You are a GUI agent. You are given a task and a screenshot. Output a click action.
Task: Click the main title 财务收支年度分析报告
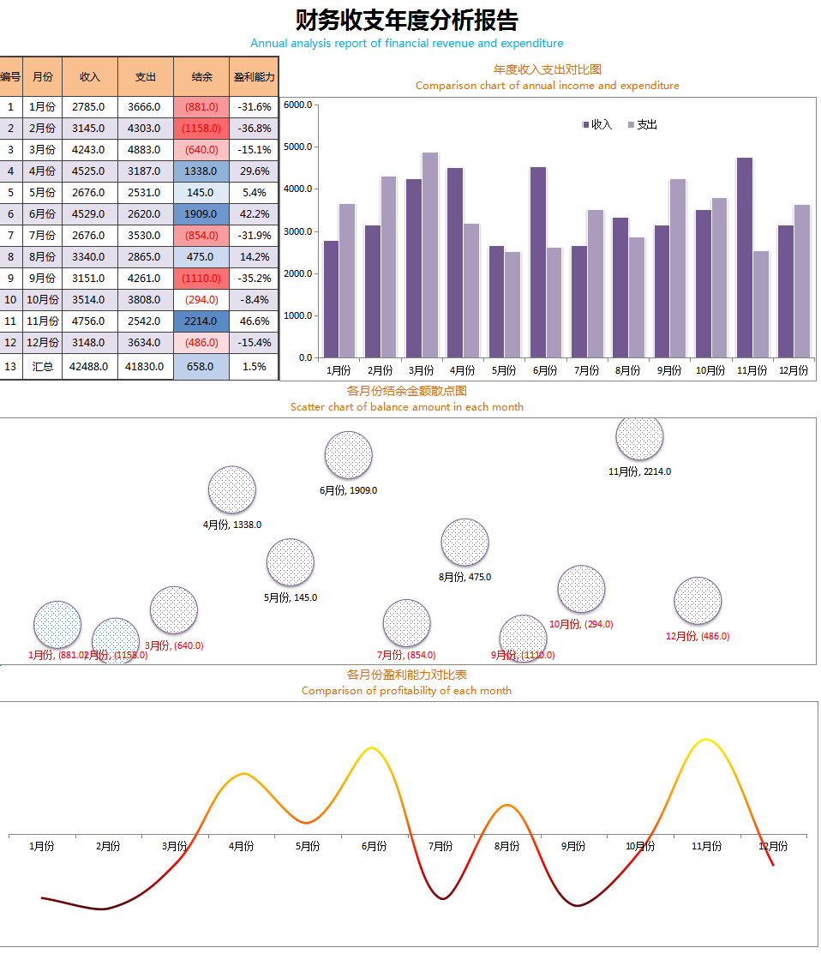pos(406,20)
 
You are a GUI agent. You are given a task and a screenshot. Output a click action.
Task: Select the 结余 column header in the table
pos(201,77)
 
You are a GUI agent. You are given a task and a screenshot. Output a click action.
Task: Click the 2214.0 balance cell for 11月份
pos(201,321)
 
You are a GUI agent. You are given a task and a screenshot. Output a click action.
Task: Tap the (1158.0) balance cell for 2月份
pos(201,129)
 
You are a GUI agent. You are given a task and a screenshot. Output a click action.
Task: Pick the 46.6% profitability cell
pos(255,321)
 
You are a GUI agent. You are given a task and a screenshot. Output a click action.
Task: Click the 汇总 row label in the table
pos(42,366)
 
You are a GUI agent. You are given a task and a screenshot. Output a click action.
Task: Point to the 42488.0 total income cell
pos(90,366)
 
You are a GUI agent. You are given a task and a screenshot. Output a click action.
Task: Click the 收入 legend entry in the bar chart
pos(597,125)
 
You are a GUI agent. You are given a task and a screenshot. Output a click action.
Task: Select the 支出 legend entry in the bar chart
pos(643,125)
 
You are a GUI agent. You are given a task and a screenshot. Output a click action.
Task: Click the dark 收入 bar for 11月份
pos(745,257)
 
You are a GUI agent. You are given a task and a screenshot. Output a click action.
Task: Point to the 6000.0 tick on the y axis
pos(298,105)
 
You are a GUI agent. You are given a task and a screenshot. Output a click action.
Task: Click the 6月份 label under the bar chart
pos(545,370)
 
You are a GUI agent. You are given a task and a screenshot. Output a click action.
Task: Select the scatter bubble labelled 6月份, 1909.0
pos(349,454)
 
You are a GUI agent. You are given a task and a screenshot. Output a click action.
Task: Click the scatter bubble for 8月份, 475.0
pos(464,542)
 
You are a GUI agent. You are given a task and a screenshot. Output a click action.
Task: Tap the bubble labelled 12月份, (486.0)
pos(698,600)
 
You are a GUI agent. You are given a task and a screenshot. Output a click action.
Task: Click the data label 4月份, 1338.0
pos(232,525)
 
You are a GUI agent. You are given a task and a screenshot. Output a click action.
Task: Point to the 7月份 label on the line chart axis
pos(440,846)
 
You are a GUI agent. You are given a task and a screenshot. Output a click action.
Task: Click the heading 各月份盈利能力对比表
pos(406,675)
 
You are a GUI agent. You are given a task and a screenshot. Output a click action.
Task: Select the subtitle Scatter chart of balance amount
pos(406,407)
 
